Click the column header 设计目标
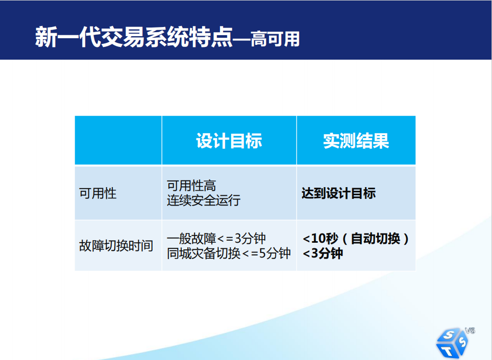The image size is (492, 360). [229, 141]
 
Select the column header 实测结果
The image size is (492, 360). [356, 141]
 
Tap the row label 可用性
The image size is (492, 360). [97, 193]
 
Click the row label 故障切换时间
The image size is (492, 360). [116, 246]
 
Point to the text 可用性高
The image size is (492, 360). [191, 186]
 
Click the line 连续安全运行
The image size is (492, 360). [204, 200]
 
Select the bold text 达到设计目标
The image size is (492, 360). [338, 193]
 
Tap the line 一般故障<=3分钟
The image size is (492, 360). [216, 239]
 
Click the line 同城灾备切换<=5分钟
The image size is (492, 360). [229, 253]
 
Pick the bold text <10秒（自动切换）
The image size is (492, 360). [356, 239]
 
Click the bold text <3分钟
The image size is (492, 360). [323, 253]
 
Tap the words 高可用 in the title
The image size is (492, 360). [275, 39]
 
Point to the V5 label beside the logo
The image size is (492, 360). [470, 330]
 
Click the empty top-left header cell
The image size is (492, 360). [118, 140]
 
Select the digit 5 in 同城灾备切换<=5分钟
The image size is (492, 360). [262, 253]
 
